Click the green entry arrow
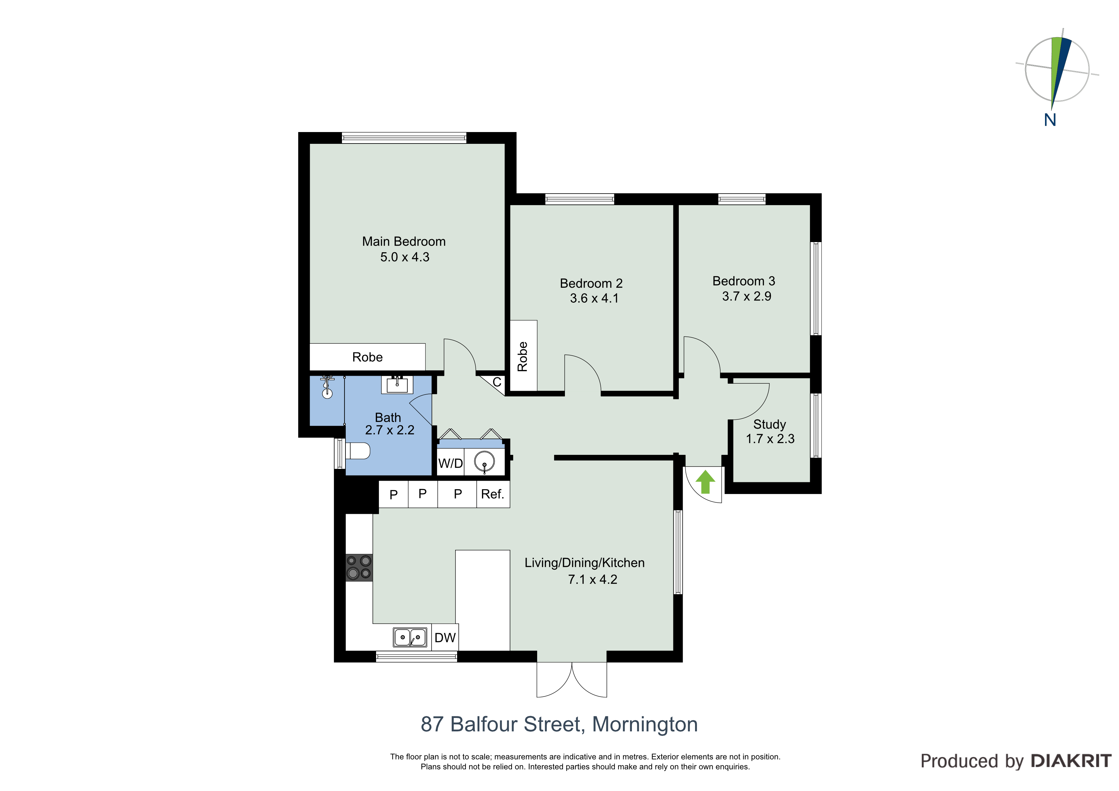[705, 482]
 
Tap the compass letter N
[1050, 120]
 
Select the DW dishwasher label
[445, 638]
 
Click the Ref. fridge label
[492, 494]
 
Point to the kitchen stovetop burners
[359, 568]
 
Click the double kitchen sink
[410, 637]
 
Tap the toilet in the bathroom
[357, 451]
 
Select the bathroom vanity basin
[397, 385]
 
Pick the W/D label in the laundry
[450, 463]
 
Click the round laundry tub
[485, 461]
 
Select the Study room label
[770, 425]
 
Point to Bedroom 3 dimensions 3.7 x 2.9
[747, 296]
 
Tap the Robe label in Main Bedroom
[367, 357]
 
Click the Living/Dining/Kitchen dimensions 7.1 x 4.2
[593, 580]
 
